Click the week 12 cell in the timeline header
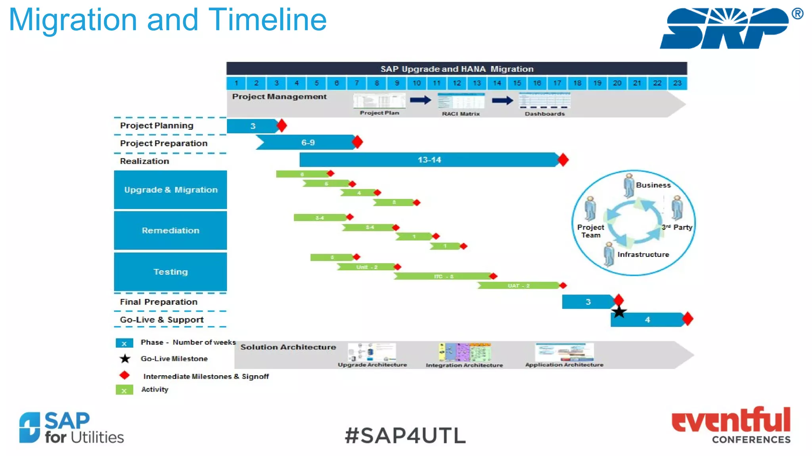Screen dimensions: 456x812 [457, 83]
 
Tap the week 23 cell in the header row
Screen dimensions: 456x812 [677, 83]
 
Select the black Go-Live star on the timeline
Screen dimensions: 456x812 [619, 312]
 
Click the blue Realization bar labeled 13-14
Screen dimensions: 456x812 [429, 160]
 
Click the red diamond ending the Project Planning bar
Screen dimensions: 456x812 [282, 126]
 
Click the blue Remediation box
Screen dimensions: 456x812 [170, 230]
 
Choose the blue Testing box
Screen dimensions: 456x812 [170, 272]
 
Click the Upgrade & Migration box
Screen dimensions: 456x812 [170, 190]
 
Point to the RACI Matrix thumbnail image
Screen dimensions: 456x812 [461, 101]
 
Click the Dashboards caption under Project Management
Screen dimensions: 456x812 [545, 114]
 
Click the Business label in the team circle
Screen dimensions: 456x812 [653, 185]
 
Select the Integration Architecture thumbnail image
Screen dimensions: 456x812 [465, 352]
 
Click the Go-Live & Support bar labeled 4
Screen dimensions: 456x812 [647, 319]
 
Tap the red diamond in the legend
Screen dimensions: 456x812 [124, 375]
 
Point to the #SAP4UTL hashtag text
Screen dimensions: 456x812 [405, 435]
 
